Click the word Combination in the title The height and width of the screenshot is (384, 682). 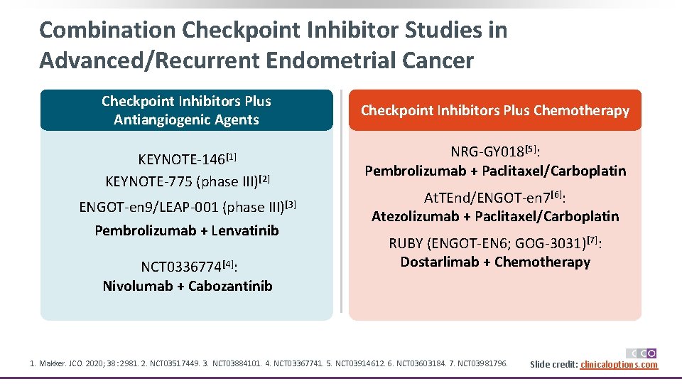pos(107,31)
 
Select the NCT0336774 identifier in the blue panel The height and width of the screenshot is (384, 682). pos(181,267)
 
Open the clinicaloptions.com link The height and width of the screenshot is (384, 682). pos(619,365)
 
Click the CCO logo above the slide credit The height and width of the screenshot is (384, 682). pos(642,353)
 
